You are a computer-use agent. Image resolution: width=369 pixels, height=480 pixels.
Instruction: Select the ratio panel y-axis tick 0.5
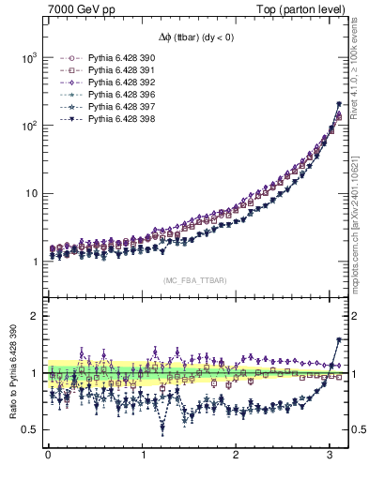(27, 430)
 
